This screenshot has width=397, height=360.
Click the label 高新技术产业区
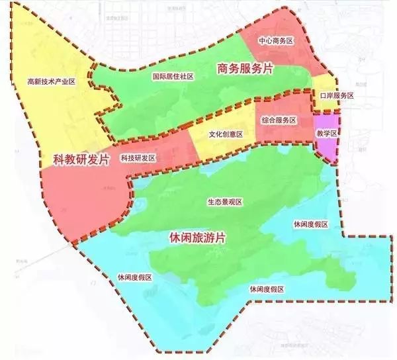point(52,82)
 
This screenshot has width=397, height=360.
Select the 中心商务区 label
point(276,40)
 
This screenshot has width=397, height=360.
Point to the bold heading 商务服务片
point(245,68)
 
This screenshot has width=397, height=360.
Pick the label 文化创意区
point(226,134)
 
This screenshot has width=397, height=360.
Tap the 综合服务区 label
point(279,120)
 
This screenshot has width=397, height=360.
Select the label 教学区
point(327,133)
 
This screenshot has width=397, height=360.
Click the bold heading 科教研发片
point(81,159)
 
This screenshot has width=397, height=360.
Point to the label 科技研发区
point(138,158)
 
